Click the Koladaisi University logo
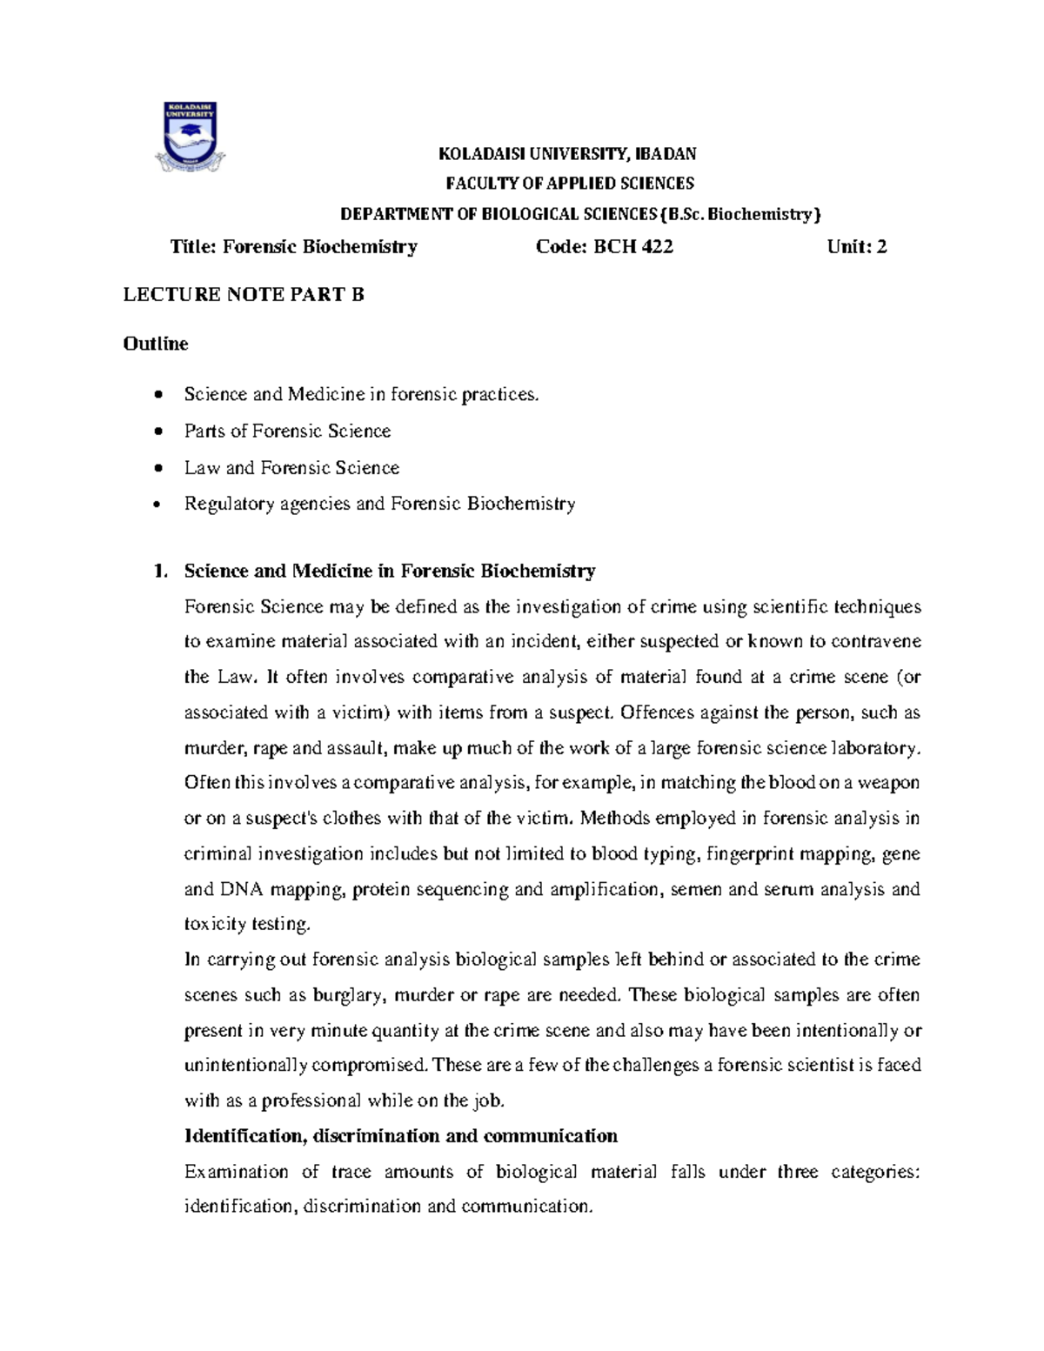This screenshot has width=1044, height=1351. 191,136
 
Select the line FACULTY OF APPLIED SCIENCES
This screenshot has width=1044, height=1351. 570,184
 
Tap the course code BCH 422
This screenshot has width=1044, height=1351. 632,247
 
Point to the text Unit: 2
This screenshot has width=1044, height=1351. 857,247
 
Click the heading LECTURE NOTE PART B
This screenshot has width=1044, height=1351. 244,295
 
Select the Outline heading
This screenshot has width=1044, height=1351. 156,344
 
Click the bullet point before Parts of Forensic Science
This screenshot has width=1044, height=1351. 157,432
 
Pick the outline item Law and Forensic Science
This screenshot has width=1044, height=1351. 291,468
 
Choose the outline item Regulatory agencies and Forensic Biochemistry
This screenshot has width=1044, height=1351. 379,504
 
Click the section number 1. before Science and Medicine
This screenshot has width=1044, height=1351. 157,572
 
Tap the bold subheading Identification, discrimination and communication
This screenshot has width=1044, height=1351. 400,1136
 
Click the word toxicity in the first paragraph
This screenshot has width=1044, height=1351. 214,924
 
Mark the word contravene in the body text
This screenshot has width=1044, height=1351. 876,642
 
